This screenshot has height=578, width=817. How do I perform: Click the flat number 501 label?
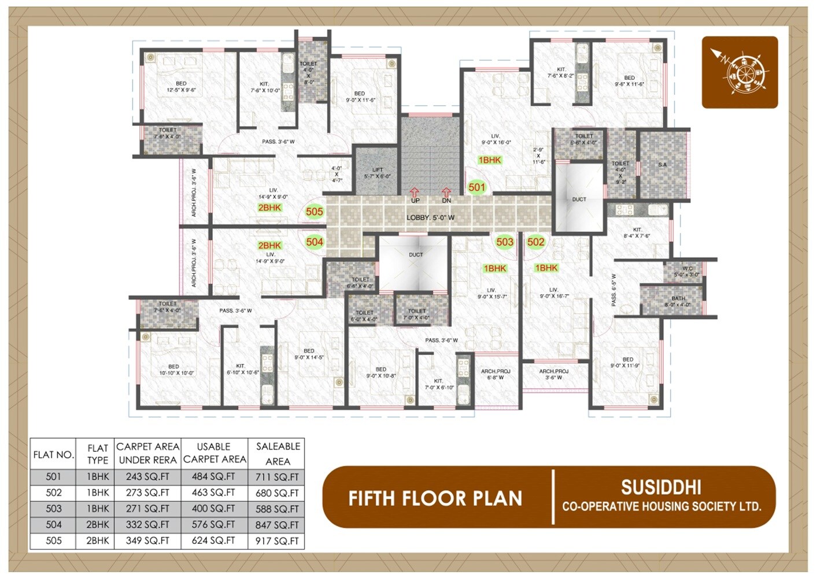[477, 187]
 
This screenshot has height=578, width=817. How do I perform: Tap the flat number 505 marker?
[315, 212]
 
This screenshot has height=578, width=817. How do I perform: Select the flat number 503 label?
[505, 242]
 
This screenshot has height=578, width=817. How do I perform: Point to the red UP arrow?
[415, 192]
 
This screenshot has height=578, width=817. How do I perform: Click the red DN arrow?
[446, 192]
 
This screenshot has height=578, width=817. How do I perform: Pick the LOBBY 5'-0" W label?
[430, 218]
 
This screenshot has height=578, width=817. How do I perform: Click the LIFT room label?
[378, 173]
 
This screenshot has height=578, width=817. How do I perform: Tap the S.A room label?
[663, 165]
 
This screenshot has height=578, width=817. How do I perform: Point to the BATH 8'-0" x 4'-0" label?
[678, 302]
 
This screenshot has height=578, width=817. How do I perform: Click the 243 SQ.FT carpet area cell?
[147, 477]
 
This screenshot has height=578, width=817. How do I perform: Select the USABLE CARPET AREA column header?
[214, 453]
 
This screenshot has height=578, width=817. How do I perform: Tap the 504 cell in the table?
[53, 525]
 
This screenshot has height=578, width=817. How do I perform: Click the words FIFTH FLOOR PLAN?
[435, 498]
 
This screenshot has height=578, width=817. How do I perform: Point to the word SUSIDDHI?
[661, 488]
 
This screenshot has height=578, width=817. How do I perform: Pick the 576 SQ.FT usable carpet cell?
[214, 525]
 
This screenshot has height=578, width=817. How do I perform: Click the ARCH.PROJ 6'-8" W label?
[496, 375]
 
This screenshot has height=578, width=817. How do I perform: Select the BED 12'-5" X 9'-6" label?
[181, 87]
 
